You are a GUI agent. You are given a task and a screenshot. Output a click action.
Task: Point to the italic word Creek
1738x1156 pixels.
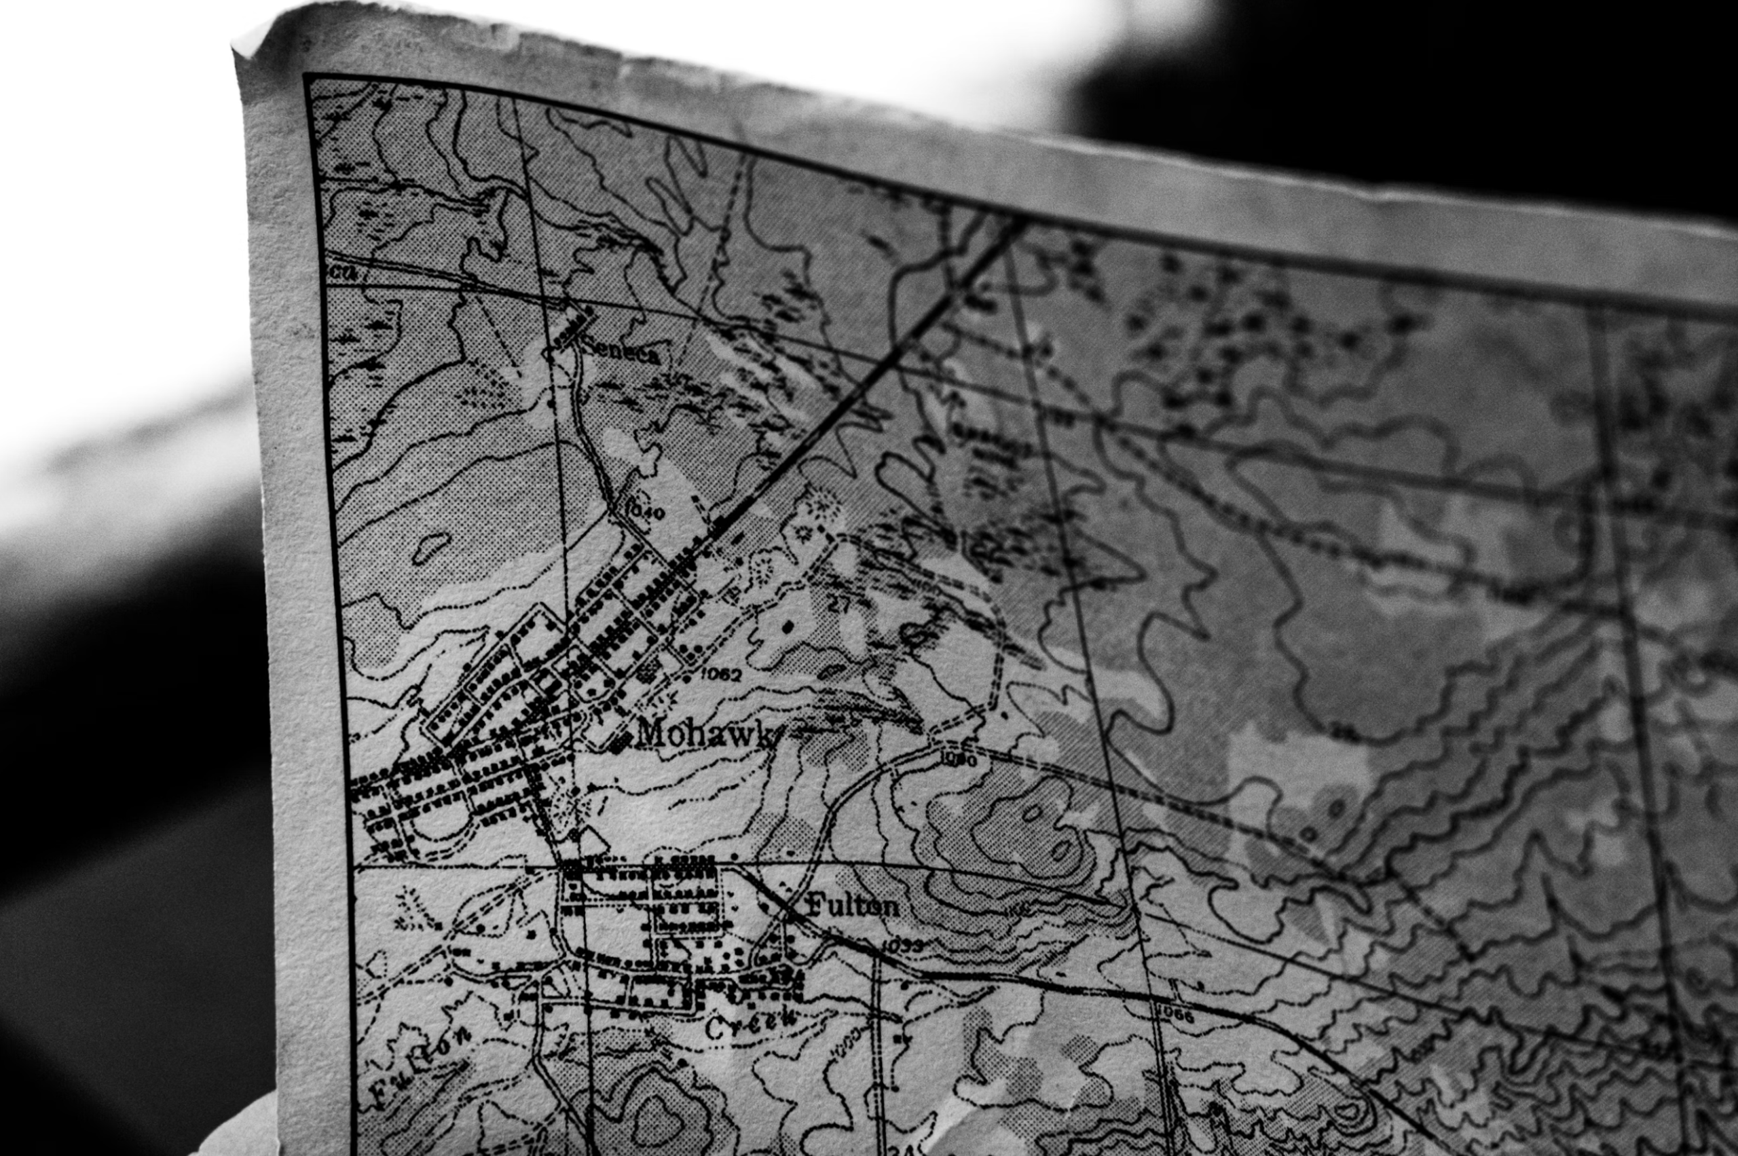752,1024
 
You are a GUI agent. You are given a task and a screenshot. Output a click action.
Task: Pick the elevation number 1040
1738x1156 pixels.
644,511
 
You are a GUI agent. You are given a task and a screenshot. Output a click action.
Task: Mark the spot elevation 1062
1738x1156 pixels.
720,674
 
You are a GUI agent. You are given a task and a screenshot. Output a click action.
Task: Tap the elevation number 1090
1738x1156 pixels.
958,759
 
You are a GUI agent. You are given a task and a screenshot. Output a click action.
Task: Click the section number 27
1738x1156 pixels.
838,605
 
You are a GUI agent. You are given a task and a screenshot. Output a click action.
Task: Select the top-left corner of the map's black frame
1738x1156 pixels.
307,76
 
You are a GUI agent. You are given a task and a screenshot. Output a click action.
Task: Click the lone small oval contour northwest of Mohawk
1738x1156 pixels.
430,546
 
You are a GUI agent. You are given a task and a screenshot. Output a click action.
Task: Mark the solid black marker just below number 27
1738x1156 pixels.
788,627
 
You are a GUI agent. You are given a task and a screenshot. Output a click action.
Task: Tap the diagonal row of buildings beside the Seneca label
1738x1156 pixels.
575,327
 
